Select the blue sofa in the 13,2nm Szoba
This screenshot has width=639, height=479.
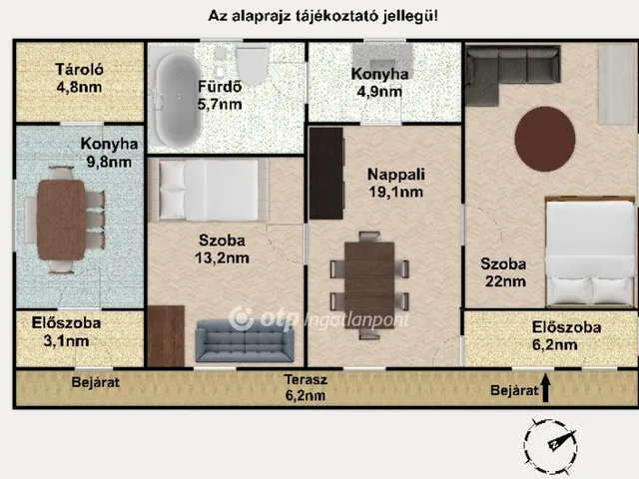[x=245, y=342]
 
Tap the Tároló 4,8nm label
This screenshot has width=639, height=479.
[x=79, y=78]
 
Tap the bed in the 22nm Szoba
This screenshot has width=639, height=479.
[x=589, y=253]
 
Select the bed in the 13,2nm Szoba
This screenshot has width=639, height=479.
[x=209, y=190]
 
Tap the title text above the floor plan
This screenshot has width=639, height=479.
[x=321, y=15]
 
